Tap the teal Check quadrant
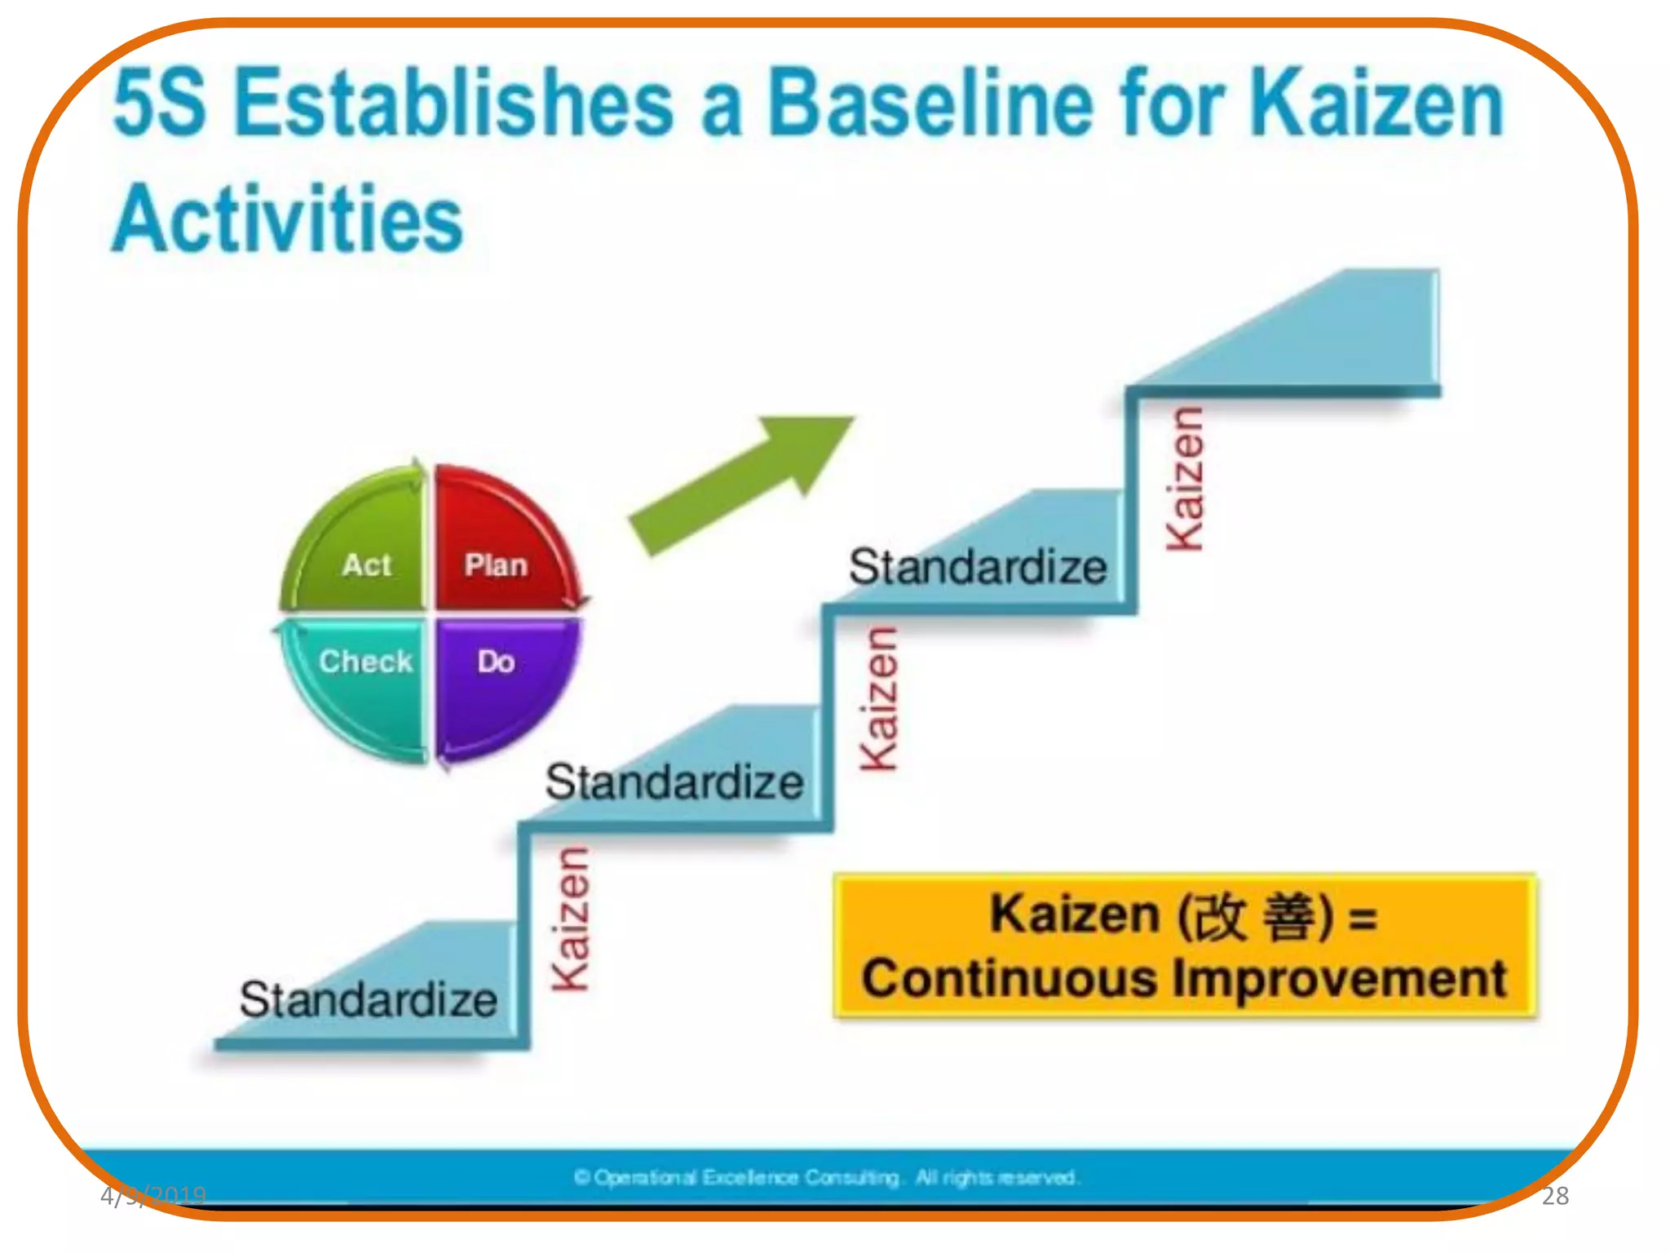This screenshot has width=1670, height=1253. point(359,677)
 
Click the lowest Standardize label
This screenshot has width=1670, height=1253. point(368,999)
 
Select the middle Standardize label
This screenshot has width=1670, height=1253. point(674,782)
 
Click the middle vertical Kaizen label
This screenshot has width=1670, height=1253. point(880,699)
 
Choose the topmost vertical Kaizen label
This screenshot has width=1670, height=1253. point(1185,480)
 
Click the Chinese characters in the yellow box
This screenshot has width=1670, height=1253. point(1256,916)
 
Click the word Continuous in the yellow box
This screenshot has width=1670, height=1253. point(1010,978)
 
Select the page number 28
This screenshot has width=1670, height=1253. point(1555,1196)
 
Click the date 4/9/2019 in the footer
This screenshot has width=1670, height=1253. point(153,1196)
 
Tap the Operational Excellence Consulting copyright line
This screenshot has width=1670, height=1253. point(826,1177)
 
